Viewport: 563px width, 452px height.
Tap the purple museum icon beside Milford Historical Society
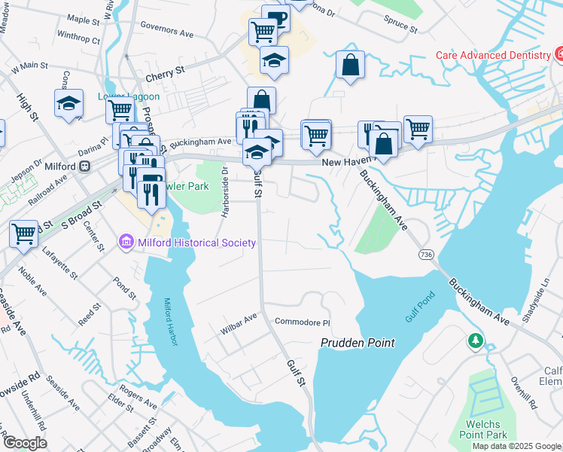(126, 243)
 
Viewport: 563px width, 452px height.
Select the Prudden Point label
(358, 343)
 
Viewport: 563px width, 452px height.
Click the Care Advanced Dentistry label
(494, 56)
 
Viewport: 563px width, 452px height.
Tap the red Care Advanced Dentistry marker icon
(558, 54)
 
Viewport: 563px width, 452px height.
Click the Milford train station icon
(85, 166)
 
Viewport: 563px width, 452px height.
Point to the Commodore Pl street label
(302, 322)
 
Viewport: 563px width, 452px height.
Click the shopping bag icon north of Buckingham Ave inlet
(351, 65)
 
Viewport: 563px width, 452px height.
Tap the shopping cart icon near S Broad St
(24, 234)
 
